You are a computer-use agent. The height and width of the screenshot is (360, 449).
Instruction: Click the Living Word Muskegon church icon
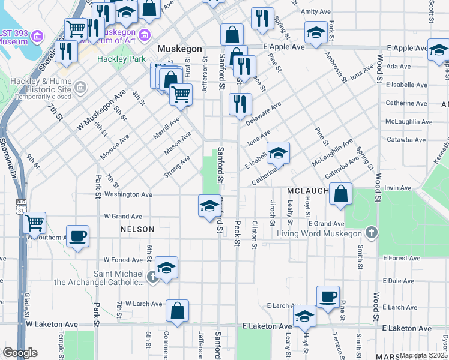click(x=372, y=233)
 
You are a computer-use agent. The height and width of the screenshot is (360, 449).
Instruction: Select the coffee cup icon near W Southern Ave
click(x=77, y=235)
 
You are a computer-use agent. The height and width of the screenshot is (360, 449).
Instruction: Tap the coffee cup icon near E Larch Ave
click(x=328, y=296)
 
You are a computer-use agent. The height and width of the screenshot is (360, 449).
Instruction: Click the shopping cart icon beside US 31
click(x=34, y=223)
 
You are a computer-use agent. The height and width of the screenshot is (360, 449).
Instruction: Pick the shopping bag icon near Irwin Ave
click(x=340, y=194)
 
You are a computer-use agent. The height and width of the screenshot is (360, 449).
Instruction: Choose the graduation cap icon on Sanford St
click(x=208, y=206)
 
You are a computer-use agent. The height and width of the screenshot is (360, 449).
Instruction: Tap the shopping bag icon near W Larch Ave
click(x=177, y=311)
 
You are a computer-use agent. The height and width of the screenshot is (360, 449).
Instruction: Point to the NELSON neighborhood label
click(x=137, y=229)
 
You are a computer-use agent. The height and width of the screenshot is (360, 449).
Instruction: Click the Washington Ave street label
click(x=128, y=194)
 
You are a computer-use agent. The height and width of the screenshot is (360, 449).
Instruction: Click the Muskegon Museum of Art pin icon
click(x=144, y=37)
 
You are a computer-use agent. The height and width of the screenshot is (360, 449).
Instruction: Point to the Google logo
click(x=20, y=353)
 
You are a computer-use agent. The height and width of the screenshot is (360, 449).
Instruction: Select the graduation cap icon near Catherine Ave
click(x=278, y=153)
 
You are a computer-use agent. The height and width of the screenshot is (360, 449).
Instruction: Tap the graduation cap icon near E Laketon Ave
click(x=304, y=316)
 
